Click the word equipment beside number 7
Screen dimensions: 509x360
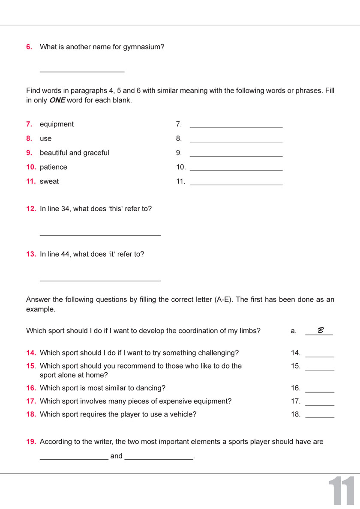(57, 124)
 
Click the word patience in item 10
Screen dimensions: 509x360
(54, 167)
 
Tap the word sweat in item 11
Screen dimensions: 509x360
(49, 181)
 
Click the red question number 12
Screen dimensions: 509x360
(31, 209)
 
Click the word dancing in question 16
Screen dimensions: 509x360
(150, 388)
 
